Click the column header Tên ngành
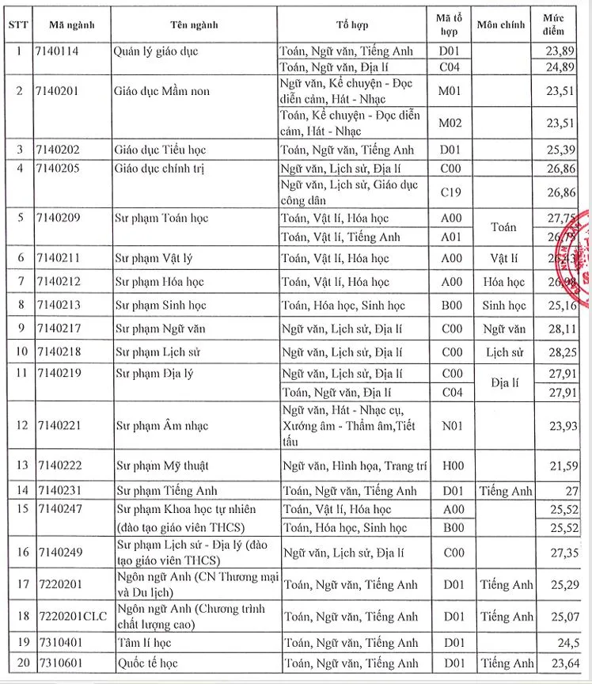coord(195,25)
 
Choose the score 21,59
coord(564,465)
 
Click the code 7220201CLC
coord(72,615)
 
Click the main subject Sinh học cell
coord(504,306)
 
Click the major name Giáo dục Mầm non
coord(162,91)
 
